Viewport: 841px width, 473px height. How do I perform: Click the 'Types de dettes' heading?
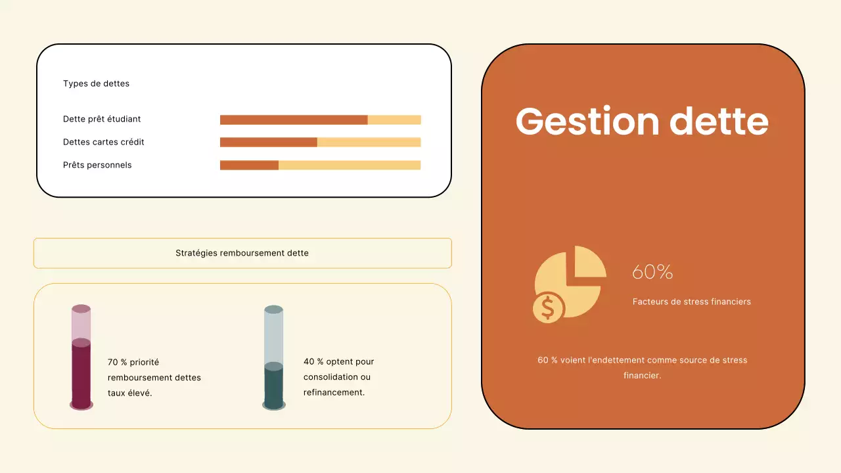[x=96, y=83]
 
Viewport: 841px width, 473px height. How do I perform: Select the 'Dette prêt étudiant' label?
[x=102, y=119]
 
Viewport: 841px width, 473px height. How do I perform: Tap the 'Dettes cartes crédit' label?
[x=104, y=142]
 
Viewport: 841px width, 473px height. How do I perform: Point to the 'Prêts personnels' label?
[x=97, y=165]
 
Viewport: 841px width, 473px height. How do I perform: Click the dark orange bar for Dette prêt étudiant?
[x=293, y=120]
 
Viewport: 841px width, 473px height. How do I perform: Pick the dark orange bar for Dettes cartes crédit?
[x=268, y=142]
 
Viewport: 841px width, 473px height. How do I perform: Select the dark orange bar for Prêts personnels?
[x=249, y=165]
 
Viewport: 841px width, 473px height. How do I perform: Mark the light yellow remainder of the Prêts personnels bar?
[x=350, y=165]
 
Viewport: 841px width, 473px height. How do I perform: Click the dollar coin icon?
[x=548, y=307]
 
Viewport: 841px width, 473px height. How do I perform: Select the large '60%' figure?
[x=652, y=272]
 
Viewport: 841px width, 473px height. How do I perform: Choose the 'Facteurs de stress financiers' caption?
[x=691, y=302]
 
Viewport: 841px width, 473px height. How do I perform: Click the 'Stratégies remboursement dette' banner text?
[x=242, y=253]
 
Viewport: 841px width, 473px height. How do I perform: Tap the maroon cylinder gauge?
[x=81, y=358]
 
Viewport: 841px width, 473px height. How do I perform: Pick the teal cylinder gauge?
[x=273, y=358]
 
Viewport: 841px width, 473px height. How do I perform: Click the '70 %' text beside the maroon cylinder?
[x=117, y=362]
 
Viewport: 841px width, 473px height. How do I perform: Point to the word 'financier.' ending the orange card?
[x=642, y=376]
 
